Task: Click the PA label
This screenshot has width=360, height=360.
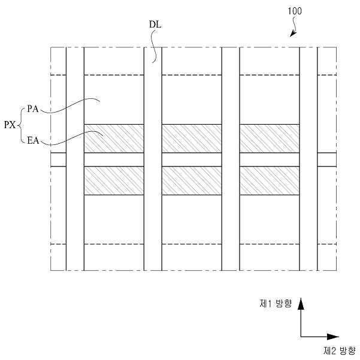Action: [33, 109]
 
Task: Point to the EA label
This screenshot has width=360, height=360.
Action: [34, 142]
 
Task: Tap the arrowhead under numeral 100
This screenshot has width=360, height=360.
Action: [293, 34]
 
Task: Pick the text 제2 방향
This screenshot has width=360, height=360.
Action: [339, 350]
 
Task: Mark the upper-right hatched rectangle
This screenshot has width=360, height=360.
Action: [270, 138]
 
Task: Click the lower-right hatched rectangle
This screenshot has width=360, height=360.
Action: [270, 180]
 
